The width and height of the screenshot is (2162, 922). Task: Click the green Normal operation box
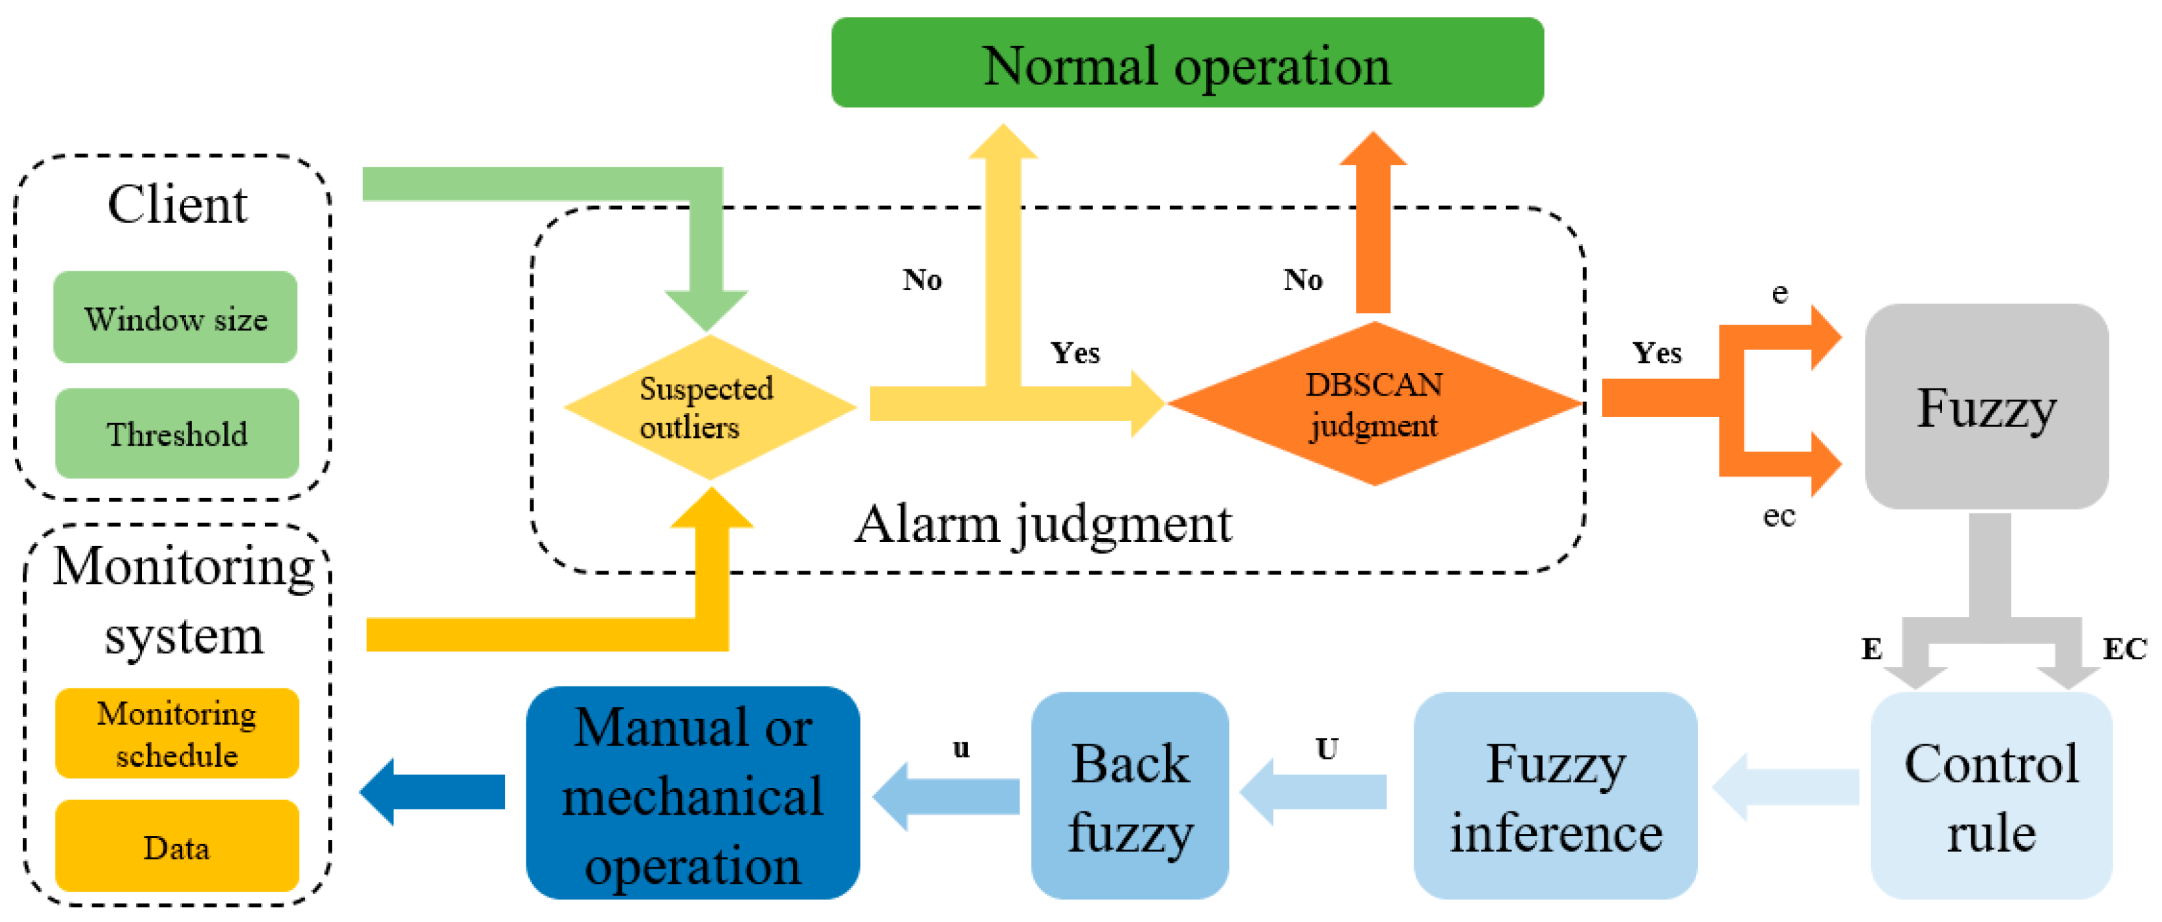pos(1187,63)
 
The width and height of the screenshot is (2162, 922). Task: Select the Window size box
pos(176,318)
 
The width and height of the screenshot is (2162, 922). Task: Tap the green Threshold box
pos(177,433)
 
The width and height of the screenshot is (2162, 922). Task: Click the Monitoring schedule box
pos(177,733)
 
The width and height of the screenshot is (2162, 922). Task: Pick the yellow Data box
pos(177,847)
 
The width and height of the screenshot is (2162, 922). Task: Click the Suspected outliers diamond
pos(709,407)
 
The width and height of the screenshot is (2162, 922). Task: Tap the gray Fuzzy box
pos(1986,407)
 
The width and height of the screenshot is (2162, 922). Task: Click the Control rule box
pos(1991,796)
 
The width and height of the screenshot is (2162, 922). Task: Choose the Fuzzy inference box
pos(1555,796)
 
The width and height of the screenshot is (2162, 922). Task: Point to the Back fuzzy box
pos(1129,796)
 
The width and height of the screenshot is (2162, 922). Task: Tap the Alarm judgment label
pos(1042,524)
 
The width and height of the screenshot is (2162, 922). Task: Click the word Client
pos(177,204)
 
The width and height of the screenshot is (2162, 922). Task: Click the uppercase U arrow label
pos(1326,748)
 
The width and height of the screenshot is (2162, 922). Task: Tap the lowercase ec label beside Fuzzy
pos(1778,515)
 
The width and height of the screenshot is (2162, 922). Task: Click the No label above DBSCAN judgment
pos(1303,280)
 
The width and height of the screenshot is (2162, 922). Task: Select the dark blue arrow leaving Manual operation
pos(432,791)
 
